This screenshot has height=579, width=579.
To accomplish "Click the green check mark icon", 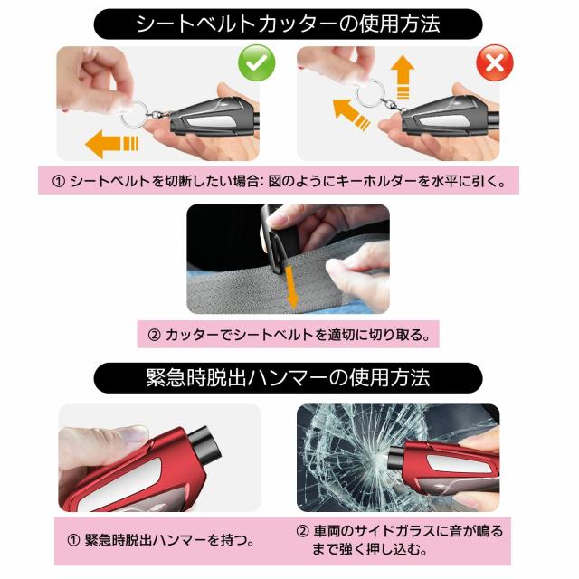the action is [257, 62].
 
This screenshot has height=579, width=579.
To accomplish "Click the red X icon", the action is [495, 62].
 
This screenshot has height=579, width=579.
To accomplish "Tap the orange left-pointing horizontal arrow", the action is [111, 144].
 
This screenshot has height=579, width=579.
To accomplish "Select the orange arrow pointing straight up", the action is [403, 78].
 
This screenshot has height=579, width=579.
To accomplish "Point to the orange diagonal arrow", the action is [351, 115].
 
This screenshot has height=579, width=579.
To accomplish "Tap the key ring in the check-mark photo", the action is [134, 113].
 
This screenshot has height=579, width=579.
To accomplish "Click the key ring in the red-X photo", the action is [370, 93].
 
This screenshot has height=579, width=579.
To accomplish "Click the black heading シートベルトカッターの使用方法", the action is [288, 24].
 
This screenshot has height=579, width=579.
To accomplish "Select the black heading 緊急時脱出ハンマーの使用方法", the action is [288, 378].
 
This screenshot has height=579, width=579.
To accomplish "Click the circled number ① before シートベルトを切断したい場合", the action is [59, 181].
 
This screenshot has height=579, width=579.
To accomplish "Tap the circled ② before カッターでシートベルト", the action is [155, 335].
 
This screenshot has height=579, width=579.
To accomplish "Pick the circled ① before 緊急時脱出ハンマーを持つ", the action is [73, 541].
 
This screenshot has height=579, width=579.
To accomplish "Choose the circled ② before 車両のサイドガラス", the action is [302, 531].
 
